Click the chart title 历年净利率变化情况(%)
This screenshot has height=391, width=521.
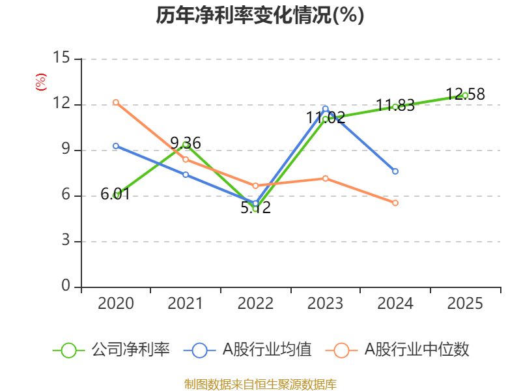260,15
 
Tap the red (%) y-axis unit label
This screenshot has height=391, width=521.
41,82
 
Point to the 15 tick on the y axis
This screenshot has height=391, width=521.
61,57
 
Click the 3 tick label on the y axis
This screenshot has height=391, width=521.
66,240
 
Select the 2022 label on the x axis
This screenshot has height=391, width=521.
255,303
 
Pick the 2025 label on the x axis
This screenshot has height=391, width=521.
465,303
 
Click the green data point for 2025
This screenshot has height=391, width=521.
465,96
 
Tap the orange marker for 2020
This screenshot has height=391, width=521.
116,102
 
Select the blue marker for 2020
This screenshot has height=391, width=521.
116,146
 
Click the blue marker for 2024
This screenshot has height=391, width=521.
395,171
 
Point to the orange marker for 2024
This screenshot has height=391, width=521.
395,203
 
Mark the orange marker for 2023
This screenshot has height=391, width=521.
325,179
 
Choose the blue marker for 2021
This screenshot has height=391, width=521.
186,175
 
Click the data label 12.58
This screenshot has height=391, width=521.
465,94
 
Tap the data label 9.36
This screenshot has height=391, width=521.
186,143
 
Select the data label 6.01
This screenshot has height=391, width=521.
115,194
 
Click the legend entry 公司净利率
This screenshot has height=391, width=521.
111,350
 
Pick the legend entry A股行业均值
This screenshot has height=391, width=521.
247,350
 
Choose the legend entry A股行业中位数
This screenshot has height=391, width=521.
397,350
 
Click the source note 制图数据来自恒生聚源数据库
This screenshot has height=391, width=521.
260,384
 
